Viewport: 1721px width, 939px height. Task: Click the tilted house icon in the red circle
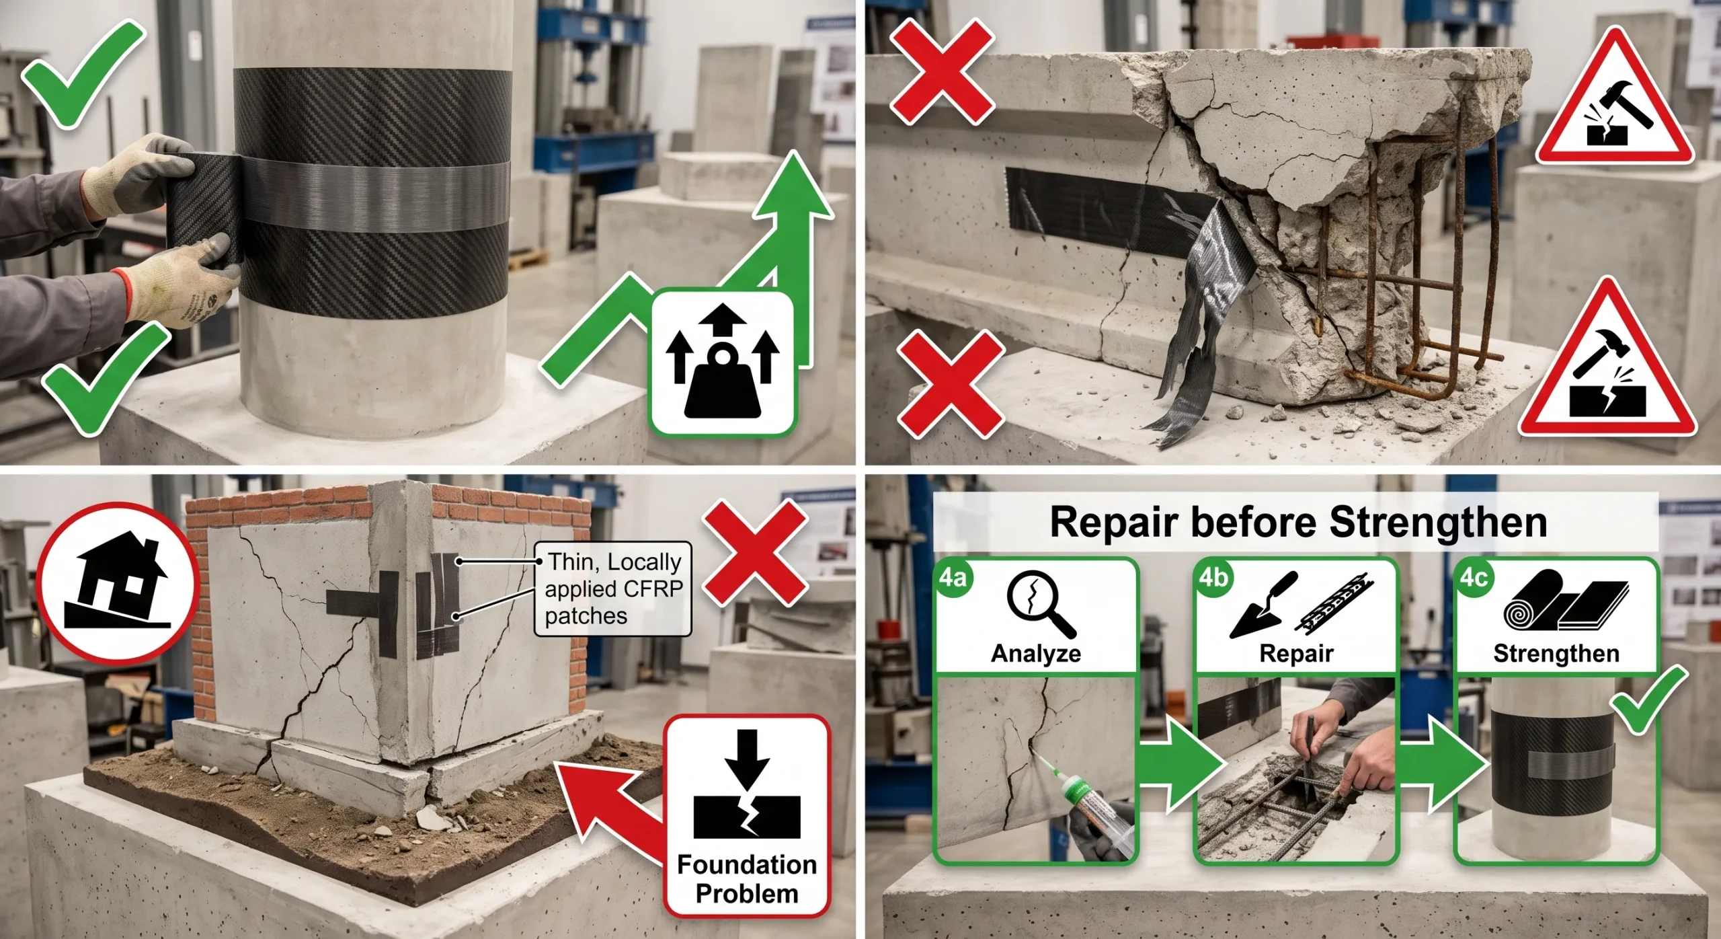(x=116, y=583)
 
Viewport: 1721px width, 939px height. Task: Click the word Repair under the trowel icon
(x=1296, y=653)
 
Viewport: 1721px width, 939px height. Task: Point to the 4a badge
(x=953, y=578)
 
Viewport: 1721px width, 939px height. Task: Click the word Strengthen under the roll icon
(x=1556, y=653)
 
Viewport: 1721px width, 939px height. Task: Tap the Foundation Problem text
(x=747, y=879)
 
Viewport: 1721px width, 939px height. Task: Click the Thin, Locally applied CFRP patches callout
(x=613, y=589)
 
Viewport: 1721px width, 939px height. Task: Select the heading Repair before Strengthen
(x=1298, y=523)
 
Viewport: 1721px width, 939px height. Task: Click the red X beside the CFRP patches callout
(x=754, y=553)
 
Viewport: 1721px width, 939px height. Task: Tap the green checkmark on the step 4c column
(x=1648, y=700)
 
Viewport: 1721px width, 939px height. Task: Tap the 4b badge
(x=1213, y=578)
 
